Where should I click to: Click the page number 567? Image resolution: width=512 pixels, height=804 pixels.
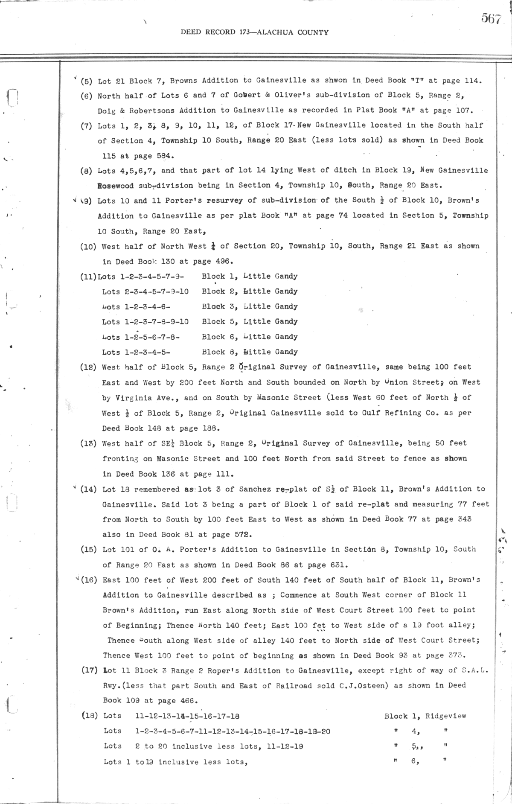tap(491, 18)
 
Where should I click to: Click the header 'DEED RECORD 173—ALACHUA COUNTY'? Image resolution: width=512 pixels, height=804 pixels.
tap(255, 32)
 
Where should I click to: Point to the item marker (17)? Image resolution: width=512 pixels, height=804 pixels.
tap(90, 670)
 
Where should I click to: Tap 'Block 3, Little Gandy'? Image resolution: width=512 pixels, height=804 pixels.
tap(250, 306)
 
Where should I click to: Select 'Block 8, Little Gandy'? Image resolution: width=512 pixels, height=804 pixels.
tap(250, 352)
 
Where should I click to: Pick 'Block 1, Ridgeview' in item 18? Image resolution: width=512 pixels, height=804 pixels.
tap(425, 716)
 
